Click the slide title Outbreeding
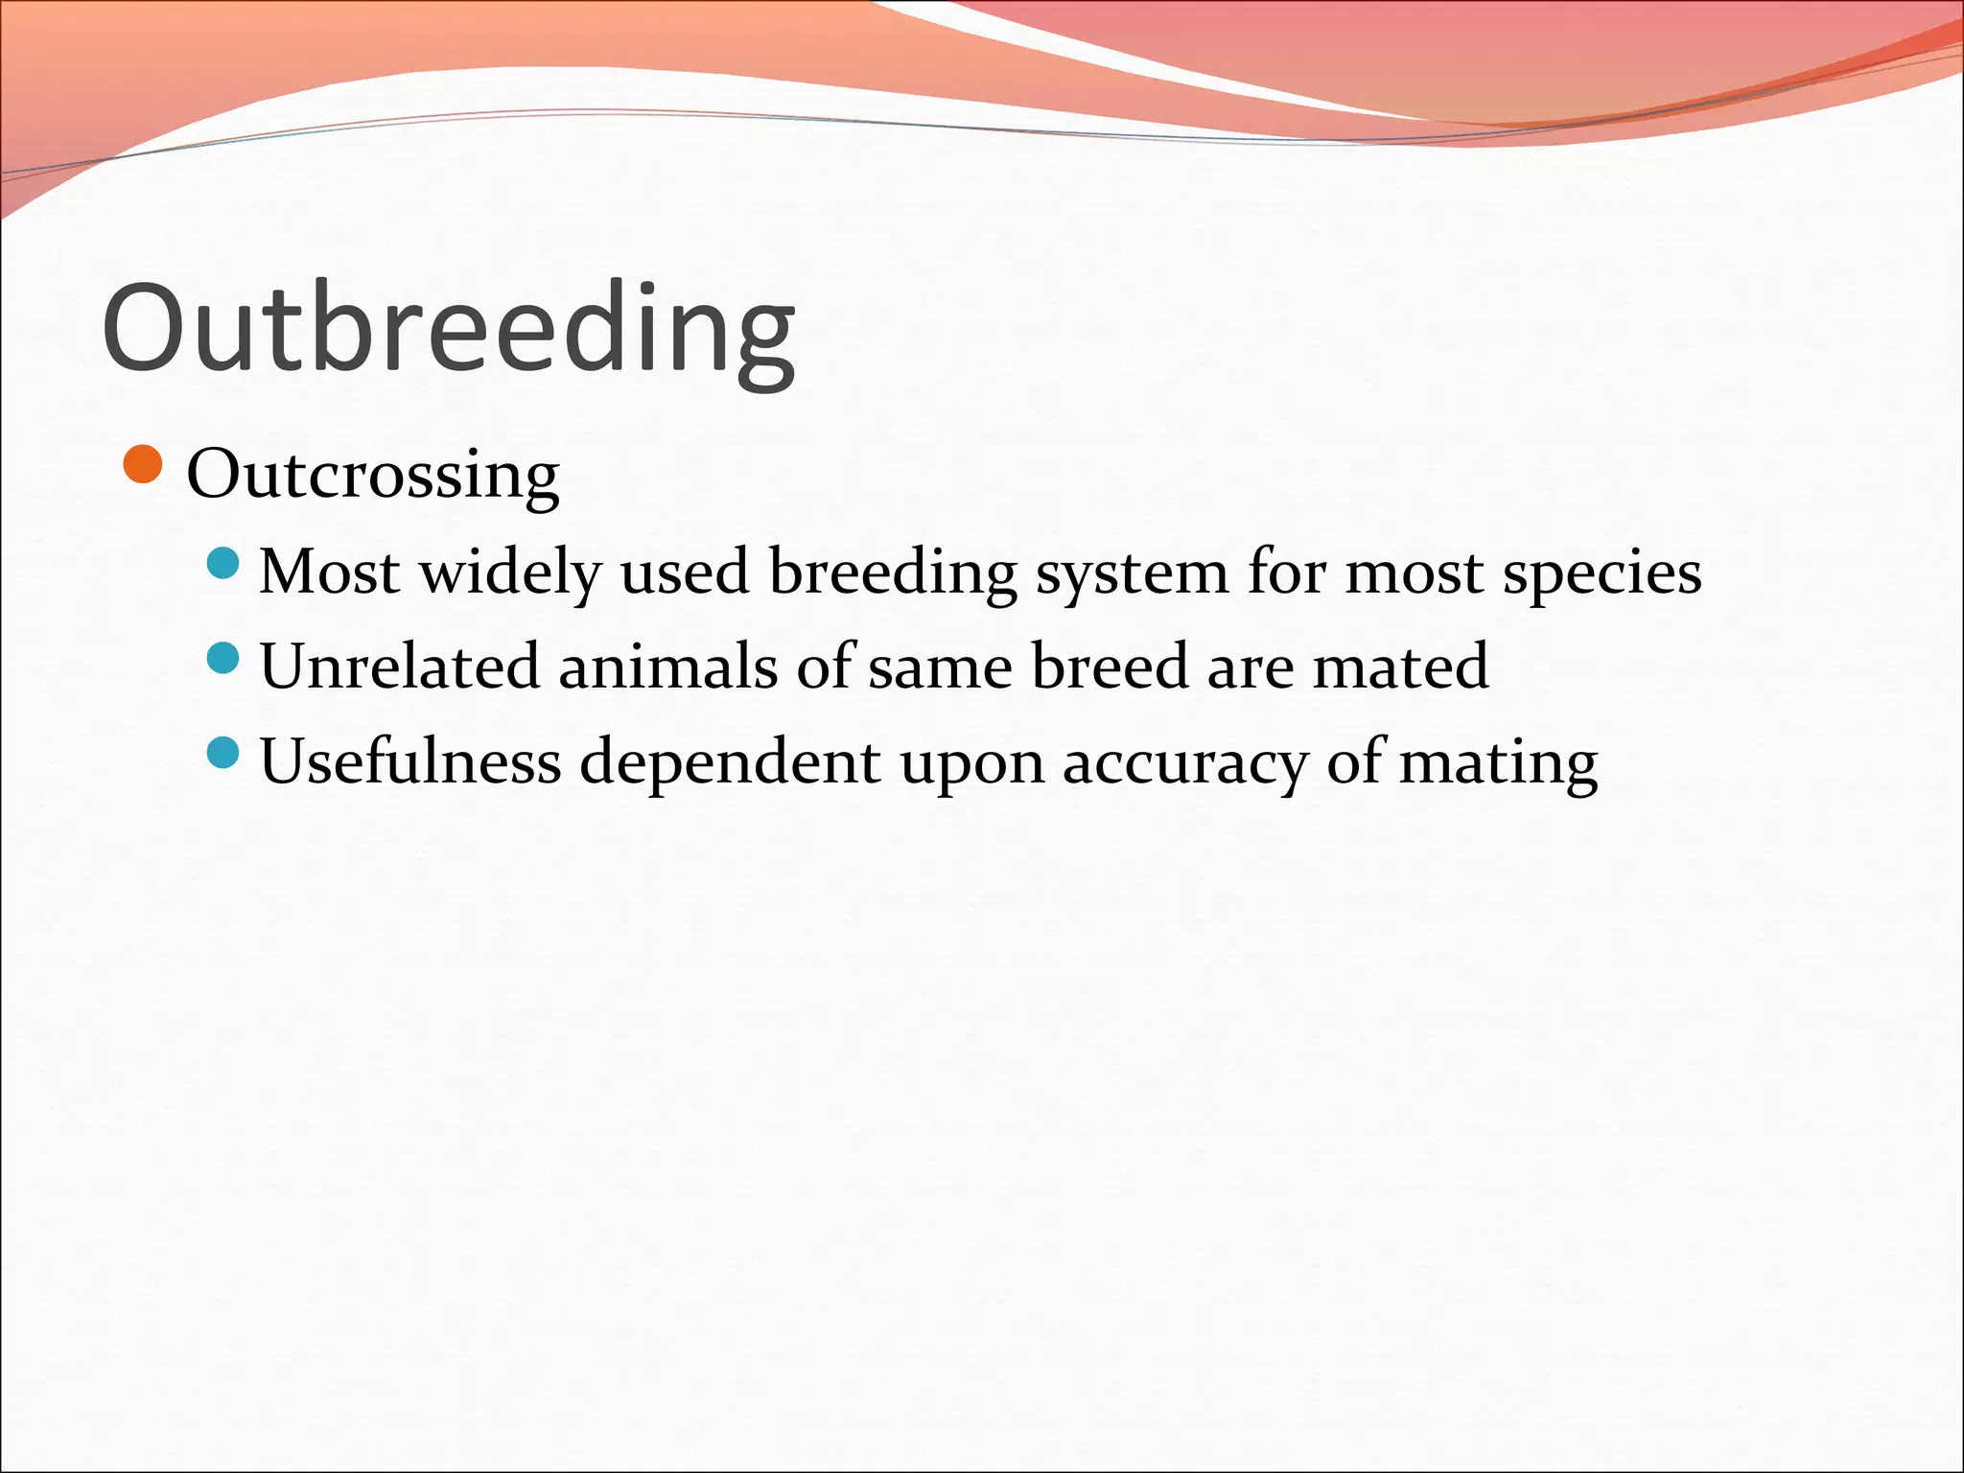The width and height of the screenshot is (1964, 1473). (x=448, y=329)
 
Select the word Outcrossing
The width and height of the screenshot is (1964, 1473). (x=372, y=475)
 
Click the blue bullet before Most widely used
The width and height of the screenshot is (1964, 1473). (x=222, y=563)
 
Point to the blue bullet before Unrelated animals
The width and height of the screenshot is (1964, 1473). (x=222, y=658)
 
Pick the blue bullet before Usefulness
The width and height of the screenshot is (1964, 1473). (x=222, y=753)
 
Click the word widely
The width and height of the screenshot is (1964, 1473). (x=510, y=573)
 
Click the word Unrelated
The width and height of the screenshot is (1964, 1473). (x=399, y=666)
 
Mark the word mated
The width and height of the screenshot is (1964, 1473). (x=1400, y=666)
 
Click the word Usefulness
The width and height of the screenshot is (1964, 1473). (x=410, y=761)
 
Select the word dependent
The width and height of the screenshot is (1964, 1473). (x=730, y=763)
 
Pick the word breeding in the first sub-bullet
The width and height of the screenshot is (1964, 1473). (x=893, y=573)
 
